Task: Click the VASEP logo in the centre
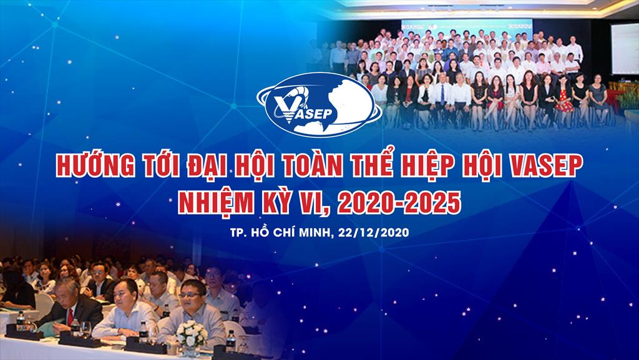(319, 104)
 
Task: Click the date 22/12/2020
(373, 233)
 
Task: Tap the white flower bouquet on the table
(191, 334)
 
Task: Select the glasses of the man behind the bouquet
(190, 293)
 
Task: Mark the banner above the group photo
(467, 26)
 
